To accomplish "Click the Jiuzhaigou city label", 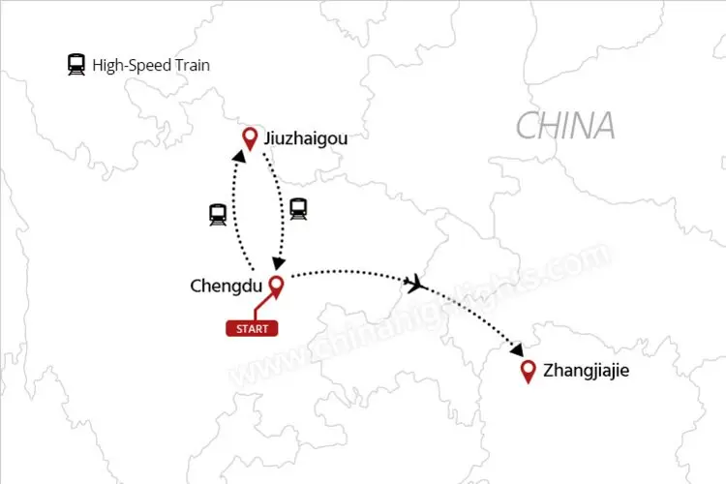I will coord(305,139).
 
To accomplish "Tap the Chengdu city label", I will coord(227,286).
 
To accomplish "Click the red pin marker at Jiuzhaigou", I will coord(250,138).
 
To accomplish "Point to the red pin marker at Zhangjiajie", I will coord(529,371).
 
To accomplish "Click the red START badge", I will coord(252,328).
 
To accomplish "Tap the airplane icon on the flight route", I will coord(415,283).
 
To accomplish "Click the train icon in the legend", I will coord(76,66).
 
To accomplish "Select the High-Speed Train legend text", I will coord(151,66).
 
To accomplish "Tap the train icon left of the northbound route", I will coord(218,215).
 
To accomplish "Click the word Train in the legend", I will coord(191,66).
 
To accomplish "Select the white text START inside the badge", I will coord(252,328).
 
